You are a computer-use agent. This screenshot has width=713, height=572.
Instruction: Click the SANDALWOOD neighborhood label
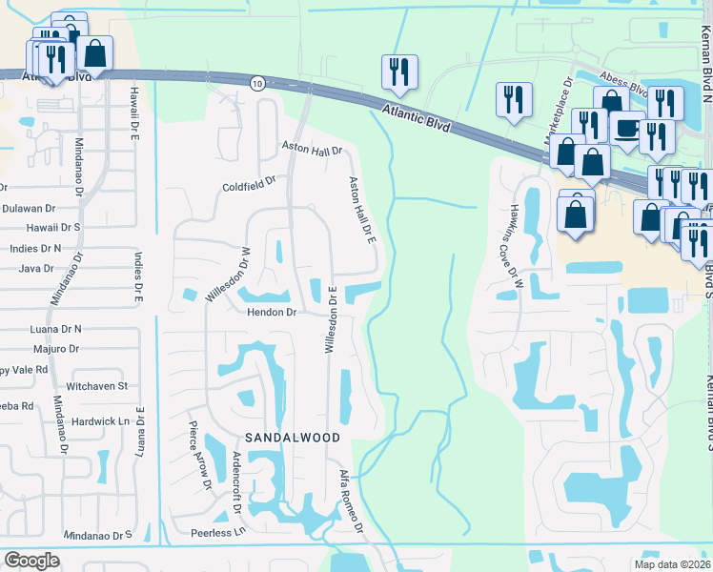pyautogui.click(x=293, y=437)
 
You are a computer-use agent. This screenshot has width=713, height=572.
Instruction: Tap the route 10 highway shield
pyautogui.click(x=257, y=84)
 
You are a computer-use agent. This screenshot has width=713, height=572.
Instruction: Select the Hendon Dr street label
pyautogui.click(x=274, y=312)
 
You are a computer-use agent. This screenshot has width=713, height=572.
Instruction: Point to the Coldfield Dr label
pyautogui.click(x=249, y=183)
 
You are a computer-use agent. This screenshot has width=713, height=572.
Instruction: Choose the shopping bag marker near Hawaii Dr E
pyautogui.click(x=95, y=53)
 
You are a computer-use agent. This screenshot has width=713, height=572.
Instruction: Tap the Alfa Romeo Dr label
pyautogui.click(x=352, y=501)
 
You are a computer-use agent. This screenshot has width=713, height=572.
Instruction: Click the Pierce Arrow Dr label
pyautogui.click(x=199, y=456)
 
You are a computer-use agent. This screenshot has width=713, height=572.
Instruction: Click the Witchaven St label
pyautogui.click(x=97, y=386)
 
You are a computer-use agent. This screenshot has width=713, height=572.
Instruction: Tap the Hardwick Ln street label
pyautogui.click(x=99, y=420)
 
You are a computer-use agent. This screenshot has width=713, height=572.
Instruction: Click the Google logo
pyautogui.click(x=31, y=561)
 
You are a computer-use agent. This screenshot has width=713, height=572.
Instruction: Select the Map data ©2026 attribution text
pyautogui.click(x=673, y=563)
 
